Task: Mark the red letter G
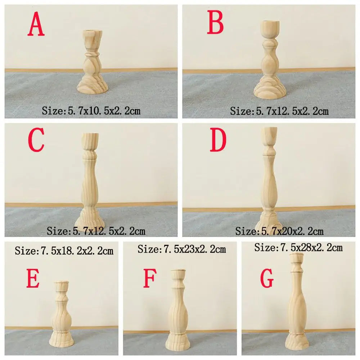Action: click(267, 280)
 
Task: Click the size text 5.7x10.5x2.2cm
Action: click(91, 111)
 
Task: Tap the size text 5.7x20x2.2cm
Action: click(279, 231)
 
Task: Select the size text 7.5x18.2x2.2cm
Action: click(64, 251)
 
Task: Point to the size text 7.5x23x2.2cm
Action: click(182, 248)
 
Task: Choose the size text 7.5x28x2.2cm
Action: click(298, 247)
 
